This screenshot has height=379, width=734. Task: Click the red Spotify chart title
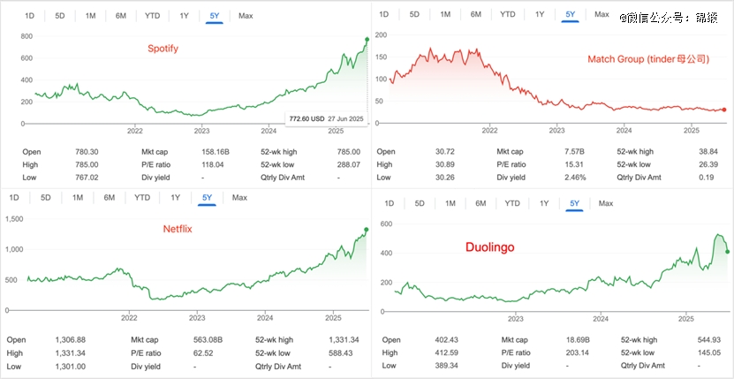tap(163, 49)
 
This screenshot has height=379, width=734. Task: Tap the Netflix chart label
tap(178, 229)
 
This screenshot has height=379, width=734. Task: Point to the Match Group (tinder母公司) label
tap(648, 59)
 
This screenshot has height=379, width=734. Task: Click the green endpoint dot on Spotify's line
tap(367, 39)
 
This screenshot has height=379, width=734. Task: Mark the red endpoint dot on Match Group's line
tap(723, 110)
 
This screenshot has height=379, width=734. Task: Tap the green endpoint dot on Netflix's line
tap(367, 230)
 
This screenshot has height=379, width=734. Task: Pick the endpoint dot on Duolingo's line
tap(727, 252)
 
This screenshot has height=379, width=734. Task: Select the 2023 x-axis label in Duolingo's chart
tap(515, 318)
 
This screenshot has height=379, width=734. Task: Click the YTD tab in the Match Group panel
tap(507, 14)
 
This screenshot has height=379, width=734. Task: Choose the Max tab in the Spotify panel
tap(246, 16)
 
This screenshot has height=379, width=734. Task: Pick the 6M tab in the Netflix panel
tap(110, 197)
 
